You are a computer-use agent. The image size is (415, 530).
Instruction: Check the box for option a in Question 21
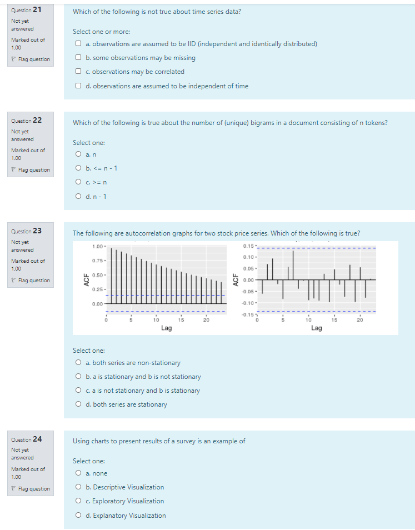[80, 44]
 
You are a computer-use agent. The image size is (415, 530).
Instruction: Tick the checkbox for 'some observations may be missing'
[80, 58]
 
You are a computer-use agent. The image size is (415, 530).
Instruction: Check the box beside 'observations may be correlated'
[80, 72]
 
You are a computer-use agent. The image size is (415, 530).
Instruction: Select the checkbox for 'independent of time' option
[80, 86]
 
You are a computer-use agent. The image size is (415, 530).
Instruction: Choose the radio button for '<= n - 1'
[80, 168]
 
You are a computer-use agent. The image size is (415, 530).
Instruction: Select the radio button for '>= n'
[80, 182]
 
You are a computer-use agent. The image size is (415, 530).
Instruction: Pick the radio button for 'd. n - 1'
[80, 196]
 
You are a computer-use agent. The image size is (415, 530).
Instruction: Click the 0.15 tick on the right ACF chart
[249, 246]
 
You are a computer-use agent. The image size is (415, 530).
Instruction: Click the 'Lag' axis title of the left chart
[166, 328]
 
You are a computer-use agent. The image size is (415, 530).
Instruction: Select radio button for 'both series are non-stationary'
[80, 363]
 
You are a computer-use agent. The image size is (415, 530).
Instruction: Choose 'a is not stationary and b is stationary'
[80, 391]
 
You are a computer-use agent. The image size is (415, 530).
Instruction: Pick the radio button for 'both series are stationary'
[80, 404]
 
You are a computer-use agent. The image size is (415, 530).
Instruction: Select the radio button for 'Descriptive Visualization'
[80, 487]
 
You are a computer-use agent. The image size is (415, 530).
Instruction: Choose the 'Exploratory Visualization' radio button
[80, 501]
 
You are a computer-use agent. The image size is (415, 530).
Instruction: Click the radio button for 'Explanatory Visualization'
[80, 516]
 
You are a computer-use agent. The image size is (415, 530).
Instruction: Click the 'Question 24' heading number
[37, 439]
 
